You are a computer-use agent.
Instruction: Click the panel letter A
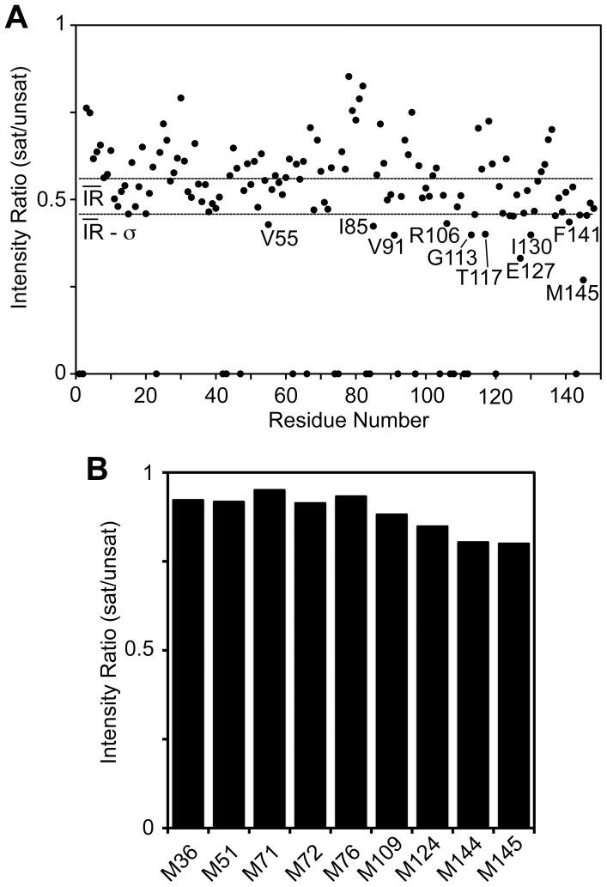pyautogui.click(x=16, y=14)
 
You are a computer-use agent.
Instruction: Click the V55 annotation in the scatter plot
pyautogui.click(x=280, y=239)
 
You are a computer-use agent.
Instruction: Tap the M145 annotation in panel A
pyautogui.click(x=573, y=294)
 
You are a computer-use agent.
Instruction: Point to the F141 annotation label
pyautogui.click(x=577, y=234)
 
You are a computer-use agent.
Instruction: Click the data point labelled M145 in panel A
pyautogui.click(x=583, y=280)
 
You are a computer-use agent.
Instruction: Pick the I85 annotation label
pyautogui.click(x=353, y=226)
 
